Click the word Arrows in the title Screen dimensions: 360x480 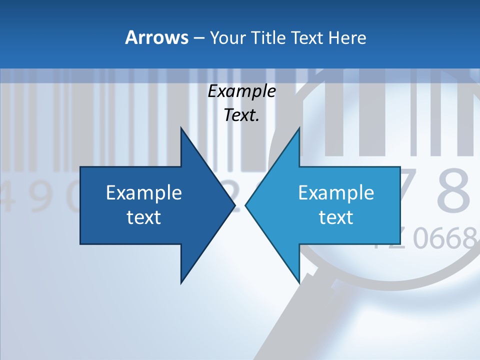(156, 37)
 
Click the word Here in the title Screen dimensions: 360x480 (347, 38)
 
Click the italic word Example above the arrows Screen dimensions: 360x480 (241, 91)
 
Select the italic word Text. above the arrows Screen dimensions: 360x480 (241, 115)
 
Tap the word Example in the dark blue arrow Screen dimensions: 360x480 (144, 193)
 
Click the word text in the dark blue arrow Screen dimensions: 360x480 (144, 217)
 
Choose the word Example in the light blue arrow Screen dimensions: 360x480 (336, 193)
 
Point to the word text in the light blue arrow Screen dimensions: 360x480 (336, 217)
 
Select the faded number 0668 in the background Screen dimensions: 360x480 (444, 238)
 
